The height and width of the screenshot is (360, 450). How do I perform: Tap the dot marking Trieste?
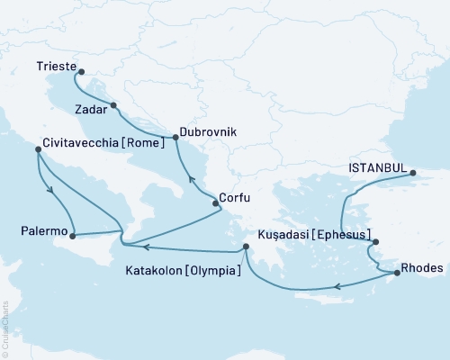[80, 71]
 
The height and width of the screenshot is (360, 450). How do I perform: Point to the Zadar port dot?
[113, 107]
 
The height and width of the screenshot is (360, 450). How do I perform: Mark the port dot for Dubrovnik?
[175, 138]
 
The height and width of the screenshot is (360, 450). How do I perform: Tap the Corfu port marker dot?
[215, 203]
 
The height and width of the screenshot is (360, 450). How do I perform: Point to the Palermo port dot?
[72, 236]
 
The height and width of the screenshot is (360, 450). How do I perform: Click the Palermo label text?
[43, 230]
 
